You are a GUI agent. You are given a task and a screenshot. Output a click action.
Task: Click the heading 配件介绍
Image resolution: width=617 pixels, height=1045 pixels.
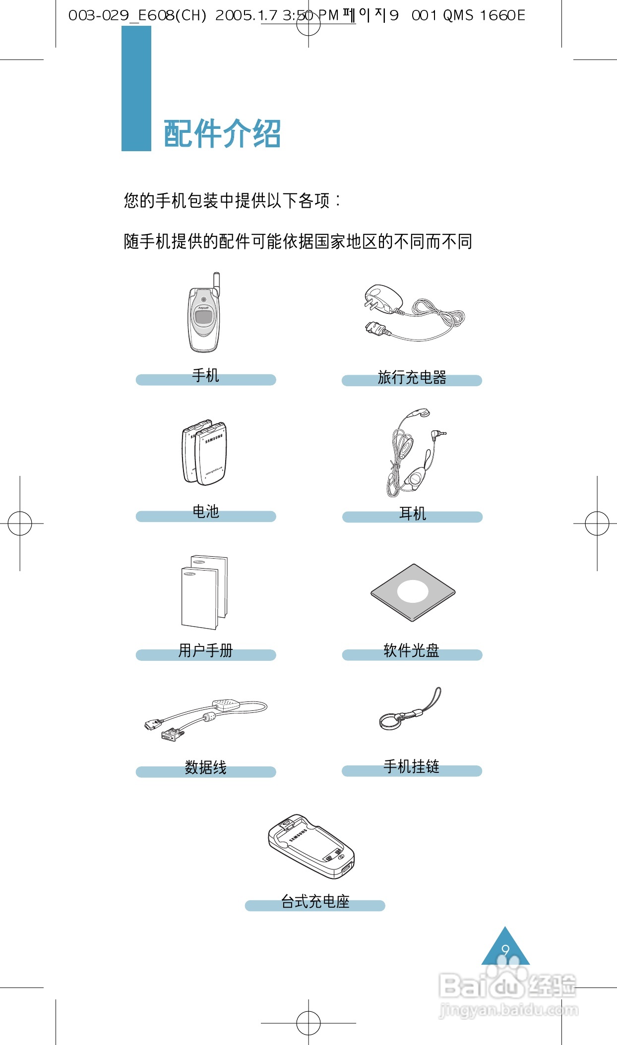222,133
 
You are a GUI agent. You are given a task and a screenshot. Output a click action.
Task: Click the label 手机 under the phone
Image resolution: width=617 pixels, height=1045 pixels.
205,376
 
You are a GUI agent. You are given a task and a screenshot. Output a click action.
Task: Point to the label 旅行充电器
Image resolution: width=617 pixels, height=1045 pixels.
412,377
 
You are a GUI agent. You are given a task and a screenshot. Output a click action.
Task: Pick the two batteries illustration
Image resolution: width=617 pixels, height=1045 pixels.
205,453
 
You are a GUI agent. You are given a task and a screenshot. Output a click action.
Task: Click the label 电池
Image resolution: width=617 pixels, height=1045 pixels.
205,512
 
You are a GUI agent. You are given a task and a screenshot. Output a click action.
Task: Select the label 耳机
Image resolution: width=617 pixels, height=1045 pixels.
412,513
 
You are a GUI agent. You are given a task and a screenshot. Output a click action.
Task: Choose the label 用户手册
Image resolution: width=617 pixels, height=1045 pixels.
205,650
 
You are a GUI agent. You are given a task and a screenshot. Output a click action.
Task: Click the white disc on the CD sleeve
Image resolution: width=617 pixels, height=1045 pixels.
413,591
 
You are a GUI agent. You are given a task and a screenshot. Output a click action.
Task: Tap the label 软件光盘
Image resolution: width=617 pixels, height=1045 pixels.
412,650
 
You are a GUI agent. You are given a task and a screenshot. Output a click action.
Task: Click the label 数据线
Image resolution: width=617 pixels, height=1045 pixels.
205,767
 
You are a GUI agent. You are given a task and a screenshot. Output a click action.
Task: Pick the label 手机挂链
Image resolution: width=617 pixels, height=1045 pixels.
412,766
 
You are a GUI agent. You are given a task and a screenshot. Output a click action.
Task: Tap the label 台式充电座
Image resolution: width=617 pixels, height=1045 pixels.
315,901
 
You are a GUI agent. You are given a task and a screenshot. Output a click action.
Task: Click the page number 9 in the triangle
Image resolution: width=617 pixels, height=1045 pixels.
505,950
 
